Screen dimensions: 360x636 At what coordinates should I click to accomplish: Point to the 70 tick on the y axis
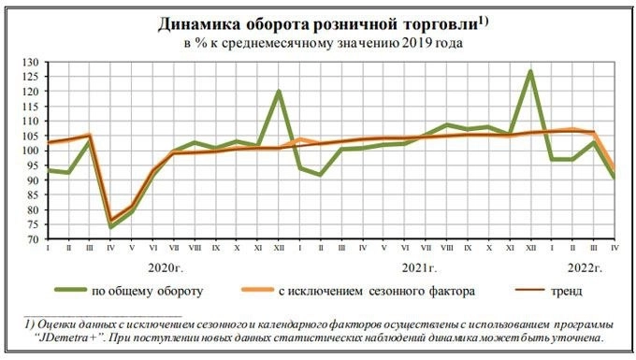click(34, 238)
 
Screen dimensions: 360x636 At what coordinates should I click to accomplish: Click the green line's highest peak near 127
click(530, 71)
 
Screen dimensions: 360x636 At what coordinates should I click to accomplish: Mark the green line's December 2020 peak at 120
click(279, 92)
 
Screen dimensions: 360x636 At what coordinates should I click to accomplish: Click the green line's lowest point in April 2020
click(110, 226)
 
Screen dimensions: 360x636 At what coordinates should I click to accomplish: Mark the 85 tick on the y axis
click(34, 194)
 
